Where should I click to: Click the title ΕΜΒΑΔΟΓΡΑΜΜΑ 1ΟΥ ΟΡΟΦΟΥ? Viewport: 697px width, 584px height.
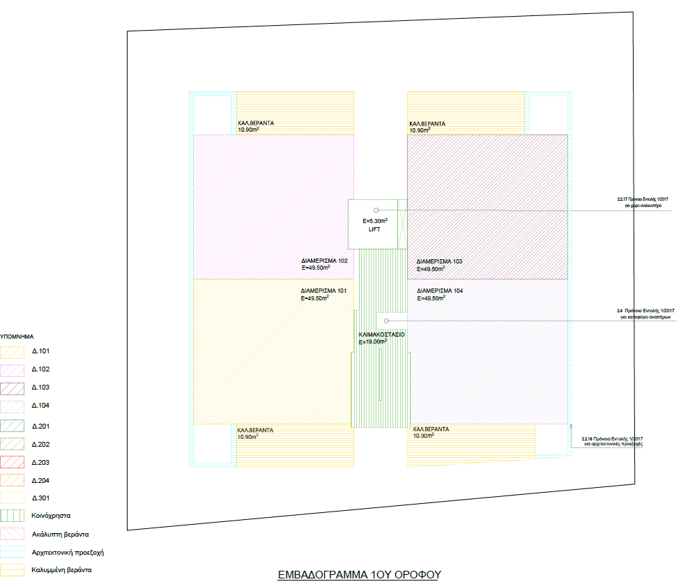click(360, 575)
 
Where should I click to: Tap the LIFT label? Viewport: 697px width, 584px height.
click(374, 229)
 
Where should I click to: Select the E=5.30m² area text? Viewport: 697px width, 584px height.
click(375, 221)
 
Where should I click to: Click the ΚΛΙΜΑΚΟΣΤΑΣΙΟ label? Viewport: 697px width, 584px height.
click(381, 335)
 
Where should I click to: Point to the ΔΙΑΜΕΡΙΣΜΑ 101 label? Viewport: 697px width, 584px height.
click(323, 291)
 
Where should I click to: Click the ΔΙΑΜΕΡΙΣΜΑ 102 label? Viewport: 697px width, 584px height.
click(323, 261)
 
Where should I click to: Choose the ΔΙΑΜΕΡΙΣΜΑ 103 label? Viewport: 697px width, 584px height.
click(439, 261)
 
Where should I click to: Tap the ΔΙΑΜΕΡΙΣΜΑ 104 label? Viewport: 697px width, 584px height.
click(439, 291)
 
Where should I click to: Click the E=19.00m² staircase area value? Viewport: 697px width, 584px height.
click(372, 342)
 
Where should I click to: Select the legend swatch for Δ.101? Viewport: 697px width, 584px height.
click(13, 352)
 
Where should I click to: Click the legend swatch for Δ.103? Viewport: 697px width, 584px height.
click(13, 387)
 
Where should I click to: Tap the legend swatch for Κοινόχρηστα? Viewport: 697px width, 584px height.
click(13, 516)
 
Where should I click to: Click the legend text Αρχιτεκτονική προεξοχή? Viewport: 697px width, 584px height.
click(68, 553)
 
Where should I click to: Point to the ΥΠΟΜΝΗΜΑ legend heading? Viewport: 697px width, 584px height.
click(17, 336)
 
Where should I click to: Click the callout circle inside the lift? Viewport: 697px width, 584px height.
click(376, 210)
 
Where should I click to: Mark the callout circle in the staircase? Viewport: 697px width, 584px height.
click(386, 321)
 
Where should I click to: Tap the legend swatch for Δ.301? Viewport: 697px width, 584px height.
click(13, 498)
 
